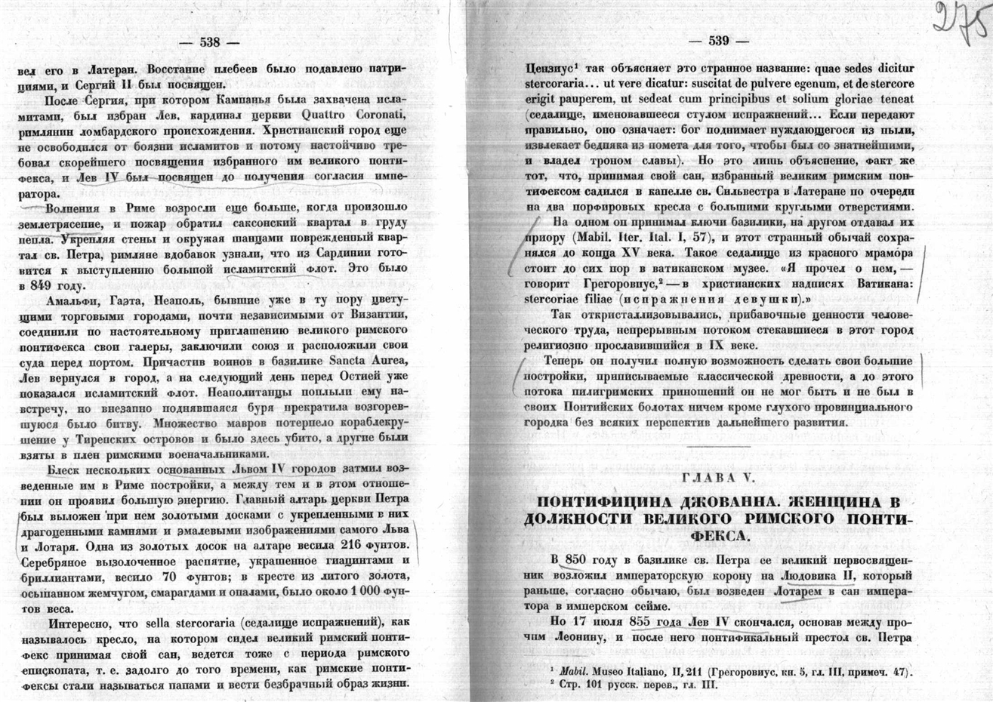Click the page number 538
209,43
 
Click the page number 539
719,41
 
